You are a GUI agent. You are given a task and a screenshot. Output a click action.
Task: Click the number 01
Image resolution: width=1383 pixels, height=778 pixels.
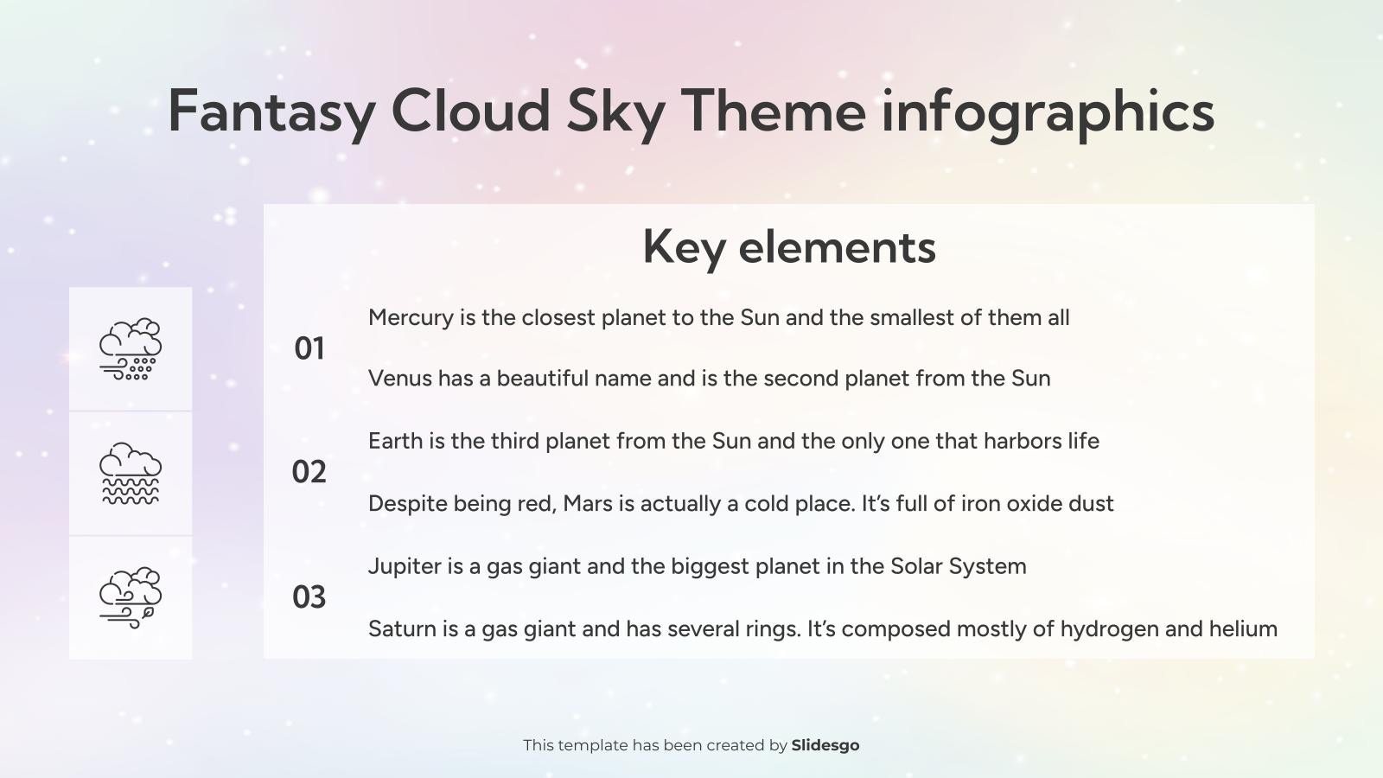click(309, 348)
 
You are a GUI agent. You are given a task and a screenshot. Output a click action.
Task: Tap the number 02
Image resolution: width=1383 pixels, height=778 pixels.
click(309, 472)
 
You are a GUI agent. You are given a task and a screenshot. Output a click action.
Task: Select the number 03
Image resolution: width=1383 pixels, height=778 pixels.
click(309, 597)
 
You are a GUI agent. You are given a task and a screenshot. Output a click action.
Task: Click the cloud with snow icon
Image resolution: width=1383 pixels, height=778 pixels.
click(131, 349)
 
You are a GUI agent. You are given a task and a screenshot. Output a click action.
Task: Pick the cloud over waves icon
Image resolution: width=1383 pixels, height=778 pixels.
click(131, 474)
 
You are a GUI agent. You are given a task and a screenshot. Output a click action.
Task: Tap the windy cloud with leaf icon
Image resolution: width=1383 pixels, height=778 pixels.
click(131, 597)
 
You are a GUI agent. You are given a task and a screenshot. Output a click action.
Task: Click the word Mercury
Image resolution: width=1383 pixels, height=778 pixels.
click(411, 318)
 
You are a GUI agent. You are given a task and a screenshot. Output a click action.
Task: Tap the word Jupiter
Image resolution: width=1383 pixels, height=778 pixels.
click(404, 567)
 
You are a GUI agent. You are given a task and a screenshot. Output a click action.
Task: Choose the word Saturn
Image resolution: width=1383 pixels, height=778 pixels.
click(401, 628)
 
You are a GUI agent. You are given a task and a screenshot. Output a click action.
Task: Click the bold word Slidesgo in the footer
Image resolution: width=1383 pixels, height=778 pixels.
click(825, 745)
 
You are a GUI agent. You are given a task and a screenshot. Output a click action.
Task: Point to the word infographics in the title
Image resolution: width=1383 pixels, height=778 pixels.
click(1047, 112)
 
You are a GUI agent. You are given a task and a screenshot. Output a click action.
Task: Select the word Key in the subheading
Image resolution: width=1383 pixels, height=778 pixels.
click(684, 247)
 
